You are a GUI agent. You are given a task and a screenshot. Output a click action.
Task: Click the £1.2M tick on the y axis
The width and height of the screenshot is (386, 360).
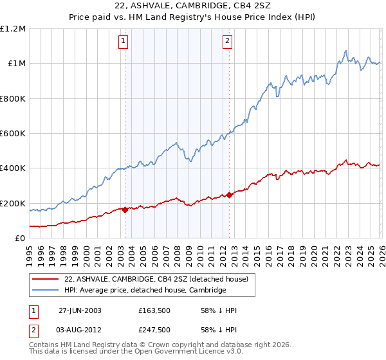[14, 29]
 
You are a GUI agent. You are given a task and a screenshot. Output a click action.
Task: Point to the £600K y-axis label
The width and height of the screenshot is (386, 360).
[14, 134]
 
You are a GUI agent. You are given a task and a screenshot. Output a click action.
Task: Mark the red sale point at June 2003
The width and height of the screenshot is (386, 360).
[125, 210]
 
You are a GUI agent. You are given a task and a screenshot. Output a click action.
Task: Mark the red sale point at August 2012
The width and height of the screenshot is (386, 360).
[230, 195]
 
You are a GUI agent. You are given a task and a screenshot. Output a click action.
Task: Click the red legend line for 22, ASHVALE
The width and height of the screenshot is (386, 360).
[46, 279]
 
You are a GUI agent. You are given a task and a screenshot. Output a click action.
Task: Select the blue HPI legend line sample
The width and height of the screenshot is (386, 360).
[46, 291]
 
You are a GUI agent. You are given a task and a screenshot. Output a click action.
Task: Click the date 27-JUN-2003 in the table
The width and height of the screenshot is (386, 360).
[80, 310]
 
